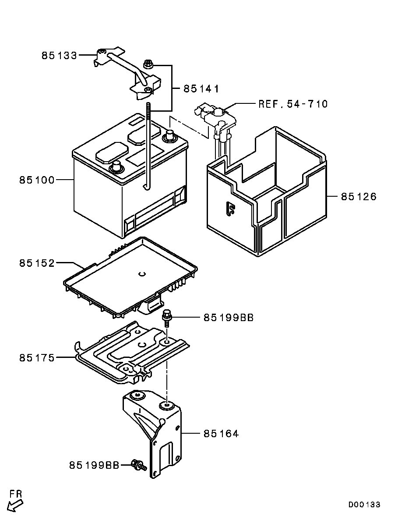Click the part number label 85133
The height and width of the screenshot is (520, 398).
click(x=59, y=55)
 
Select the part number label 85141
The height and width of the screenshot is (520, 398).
click(x=201, y=88)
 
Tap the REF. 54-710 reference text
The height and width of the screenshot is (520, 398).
click(x=293, y=104)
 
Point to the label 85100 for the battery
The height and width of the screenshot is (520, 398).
click(x=37, y=180)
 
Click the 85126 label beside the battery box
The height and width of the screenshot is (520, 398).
click(x=359, y=197)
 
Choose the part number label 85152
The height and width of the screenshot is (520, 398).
click(x=37, y=263)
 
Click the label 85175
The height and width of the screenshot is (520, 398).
click(x=37, y=358)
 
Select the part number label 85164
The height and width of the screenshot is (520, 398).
click(x=221, y=433)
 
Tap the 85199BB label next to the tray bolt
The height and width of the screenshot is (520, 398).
click(x=229, y=318)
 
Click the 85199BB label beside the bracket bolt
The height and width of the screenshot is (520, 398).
click(x=95, y=465)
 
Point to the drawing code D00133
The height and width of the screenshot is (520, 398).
click(x=364, y=505)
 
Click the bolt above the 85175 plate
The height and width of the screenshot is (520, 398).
click(x=166, y=318)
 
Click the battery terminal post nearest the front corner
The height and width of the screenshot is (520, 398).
click(x=116, y=166)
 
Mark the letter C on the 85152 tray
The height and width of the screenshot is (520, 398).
click(x=142, y=274)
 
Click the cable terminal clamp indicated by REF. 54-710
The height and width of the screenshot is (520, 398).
click(x=215, y=118)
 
